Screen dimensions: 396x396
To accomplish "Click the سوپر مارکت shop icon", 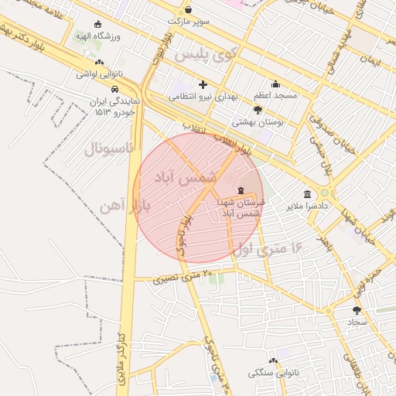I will [x=189, y=10].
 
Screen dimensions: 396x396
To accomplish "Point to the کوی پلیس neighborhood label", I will [x=203, y=56].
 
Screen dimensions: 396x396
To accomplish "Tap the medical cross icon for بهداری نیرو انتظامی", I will [x=203, y=84].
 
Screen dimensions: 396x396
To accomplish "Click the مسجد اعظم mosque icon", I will [x=275, y=84].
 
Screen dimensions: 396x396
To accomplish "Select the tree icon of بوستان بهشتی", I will [x=258, y=111].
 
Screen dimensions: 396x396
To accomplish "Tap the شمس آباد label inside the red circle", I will [x=183, y=177].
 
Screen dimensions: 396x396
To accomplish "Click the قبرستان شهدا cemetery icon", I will [x=241, y=190].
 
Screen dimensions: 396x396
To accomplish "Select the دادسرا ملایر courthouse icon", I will [x=308, y=194].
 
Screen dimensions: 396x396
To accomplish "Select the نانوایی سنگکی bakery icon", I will [x=272, y=360].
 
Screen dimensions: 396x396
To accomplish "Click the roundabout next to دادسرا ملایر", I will [x=325, y=193].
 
